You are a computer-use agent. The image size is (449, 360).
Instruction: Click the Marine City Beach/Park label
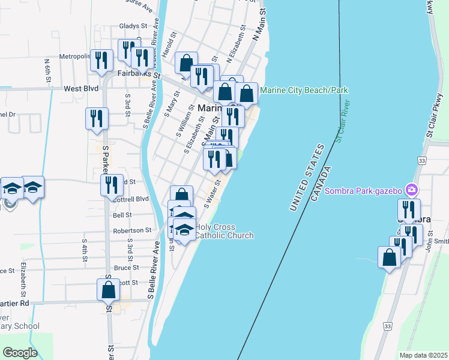304,90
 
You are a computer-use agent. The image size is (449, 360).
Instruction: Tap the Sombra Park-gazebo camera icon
412,190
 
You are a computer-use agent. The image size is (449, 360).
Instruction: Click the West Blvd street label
81,88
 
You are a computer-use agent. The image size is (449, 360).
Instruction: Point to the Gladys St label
133,26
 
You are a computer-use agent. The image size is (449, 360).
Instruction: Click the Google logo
20,353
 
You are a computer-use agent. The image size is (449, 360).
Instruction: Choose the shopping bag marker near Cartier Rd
108,290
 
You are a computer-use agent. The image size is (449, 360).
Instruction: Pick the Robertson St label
132,230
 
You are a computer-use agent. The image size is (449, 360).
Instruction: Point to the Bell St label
122,214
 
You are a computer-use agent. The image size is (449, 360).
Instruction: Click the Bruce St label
127,268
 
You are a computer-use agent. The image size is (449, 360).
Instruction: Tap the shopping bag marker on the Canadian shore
390,258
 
